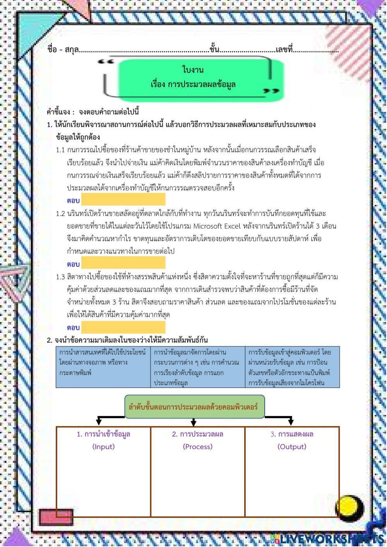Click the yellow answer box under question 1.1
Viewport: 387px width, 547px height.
[x=123, y=200]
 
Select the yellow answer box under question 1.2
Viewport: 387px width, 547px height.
[x=123, y=263]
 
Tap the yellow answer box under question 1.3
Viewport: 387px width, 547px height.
[x=123, y=327]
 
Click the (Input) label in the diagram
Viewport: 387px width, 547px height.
[x=103, y=446]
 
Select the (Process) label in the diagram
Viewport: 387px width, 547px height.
[x=198, y=446]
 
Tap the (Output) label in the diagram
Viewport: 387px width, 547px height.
[x=292, y=446]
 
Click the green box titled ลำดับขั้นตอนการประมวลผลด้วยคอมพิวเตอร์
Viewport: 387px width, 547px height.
[x=195, y=407]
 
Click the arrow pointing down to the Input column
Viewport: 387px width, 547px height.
[x=99, y=421]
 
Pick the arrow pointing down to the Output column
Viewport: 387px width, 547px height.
[x=291, y=421]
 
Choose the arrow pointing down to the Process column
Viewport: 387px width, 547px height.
[x=193, y=422]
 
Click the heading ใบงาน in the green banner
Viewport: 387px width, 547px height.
[x=193, y=70]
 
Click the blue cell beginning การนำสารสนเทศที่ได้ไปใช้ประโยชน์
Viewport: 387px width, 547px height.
[x=103, y=367]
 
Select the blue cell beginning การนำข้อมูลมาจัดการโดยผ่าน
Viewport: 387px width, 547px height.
[x=197, y=367]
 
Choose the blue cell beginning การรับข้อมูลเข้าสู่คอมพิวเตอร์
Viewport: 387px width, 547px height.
[x=292, y=367]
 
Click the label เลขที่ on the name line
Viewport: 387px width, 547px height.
[x=284, y=50]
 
